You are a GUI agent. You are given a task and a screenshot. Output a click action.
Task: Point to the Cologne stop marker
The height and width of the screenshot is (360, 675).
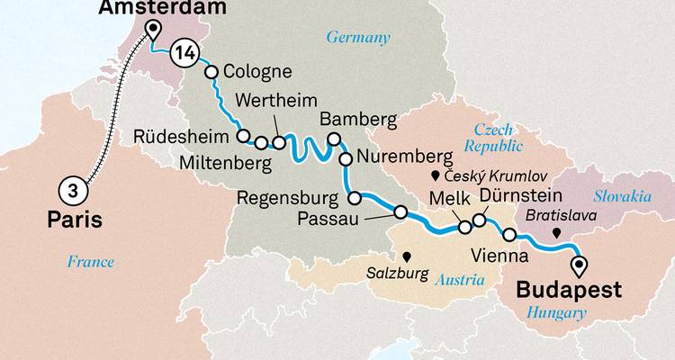(x=212, y=73)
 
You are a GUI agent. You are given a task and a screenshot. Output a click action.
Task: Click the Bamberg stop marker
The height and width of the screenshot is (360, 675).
(x=334, y=139)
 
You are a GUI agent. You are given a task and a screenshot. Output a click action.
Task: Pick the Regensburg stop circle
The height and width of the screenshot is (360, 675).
(x=354, y=198)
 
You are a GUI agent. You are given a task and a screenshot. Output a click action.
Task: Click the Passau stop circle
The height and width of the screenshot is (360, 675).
(x=400, y=212)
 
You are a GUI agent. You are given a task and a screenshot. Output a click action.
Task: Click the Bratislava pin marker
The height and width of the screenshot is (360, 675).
(x=558, y=232)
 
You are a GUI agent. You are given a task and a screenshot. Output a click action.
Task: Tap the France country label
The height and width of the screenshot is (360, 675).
(x=90, y=262)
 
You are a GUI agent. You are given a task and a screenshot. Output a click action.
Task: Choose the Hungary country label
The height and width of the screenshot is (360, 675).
(x=552, y=312)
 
